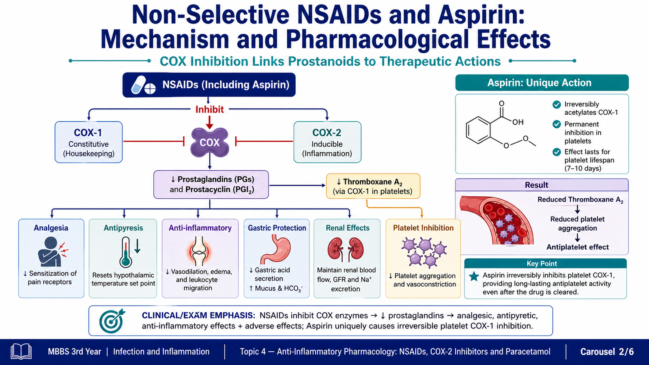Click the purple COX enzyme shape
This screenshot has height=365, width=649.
tap(209, 142)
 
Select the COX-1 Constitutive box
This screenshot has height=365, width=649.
tap(89, 142)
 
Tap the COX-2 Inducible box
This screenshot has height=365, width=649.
tap(327, 142)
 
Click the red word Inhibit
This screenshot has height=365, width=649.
tap(209, 109)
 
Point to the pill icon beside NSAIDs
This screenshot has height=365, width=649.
tap(143, 85)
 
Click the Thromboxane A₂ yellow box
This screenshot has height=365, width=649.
tap(373, 186)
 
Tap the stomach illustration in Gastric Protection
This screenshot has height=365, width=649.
tap(276, 249)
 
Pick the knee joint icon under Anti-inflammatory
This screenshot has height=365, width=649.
tap(199, 251)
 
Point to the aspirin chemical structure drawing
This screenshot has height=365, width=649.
tap(501, 125)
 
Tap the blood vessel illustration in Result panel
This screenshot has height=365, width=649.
tap(497, 221)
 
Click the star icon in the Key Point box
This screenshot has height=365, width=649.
tap(474, 276)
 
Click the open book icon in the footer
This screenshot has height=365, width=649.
tap(21, 352)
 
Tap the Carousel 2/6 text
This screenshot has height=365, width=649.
tap(607, 352)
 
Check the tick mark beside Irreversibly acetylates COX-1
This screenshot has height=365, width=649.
tap(557, 105)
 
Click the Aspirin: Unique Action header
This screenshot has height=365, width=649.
tap(542, 83)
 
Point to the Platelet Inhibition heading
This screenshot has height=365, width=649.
tap(423, 228)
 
